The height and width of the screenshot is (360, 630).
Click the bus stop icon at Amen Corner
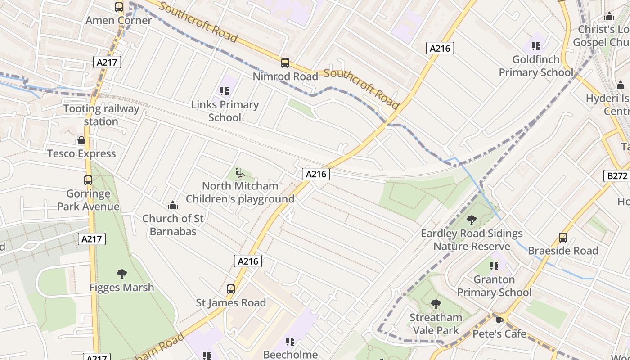tap(119, 7)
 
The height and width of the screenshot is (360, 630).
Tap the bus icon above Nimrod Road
tap(285, 63)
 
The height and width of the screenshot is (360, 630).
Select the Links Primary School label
tap(225, 111)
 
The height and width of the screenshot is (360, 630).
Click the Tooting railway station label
tap(101, 115)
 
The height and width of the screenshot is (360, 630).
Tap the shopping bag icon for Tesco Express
tap(81, 140)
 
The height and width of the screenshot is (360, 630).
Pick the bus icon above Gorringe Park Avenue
tap(88, 180)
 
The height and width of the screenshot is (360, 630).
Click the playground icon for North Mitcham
tap(240, 173)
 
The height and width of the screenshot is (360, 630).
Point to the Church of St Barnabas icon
tap(172, 206)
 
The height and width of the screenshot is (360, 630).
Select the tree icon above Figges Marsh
tap(121, 274)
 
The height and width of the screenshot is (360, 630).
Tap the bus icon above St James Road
tap(231, 289)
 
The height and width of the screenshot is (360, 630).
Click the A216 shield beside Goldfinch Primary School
tap(440, 48)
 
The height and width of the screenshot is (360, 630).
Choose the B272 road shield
tap(616, 176)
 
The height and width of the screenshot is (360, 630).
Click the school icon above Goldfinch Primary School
tap(535, 46)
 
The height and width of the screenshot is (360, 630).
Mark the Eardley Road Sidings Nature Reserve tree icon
tap(472, 220)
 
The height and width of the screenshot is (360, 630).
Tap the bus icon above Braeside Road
tap(562, 238)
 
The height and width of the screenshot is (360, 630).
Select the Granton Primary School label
tap(494, 286)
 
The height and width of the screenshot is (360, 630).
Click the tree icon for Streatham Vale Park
tap(436, 304)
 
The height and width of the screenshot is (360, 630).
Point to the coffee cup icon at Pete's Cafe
tap(499, 320)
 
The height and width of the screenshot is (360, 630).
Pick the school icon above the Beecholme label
tap(290, 342)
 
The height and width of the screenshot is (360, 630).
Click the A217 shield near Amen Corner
tap(107, 62)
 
